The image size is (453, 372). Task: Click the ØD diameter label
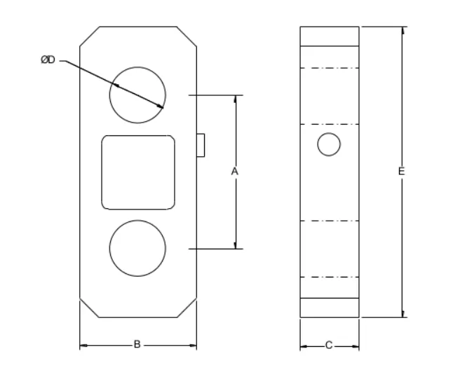[48, 61]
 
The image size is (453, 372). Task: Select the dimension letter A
[235, 172]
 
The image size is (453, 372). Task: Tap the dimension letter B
[137, 345]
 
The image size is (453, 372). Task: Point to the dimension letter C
[329, 345]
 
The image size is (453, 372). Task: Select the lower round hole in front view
[137, 248]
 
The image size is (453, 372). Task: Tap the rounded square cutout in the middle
[137, 172]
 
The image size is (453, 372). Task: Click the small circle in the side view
[329, 144]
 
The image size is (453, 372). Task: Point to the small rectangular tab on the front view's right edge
[201, 144]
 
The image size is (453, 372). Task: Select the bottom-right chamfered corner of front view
[186, 308]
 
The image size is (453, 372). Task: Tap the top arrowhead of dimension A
[235, 98]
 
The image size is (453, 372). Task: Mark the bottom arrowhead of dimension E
[403, 313]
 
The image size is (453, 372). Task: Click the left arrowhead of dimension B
[83, 345]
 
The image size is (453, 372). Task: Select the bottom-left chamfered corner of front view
[90, 308]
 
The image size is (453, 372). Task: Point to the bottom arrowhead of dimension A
[235, 244]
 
